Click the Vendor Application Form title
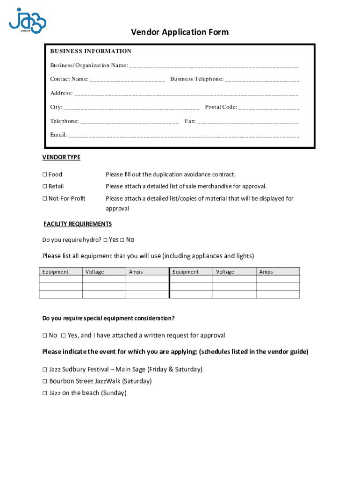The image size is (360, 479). click(180, 32)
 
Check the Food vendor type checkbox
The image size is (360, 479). click(45, 174)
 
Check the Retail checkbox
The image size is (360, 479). click(45, 186)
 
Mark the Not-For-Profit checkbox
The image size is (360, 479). click(45, 198)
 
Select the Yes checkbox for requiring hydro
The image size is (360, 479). click(105, 240)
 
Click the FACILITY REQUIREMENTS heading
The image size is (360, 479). click(78, 224)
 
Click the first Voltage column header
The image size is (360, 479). click(95, 272)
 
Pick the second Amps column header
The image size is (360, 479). click(266, 272)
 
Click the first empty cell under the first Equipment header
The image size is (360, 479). click(61, 279)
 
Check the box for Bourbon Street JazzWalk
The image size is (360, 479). click(45, 381)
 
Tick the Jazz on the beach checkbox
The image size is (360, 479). click(45, 393)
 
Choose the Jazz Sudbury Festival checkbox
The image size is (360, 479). click(45, 370)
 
